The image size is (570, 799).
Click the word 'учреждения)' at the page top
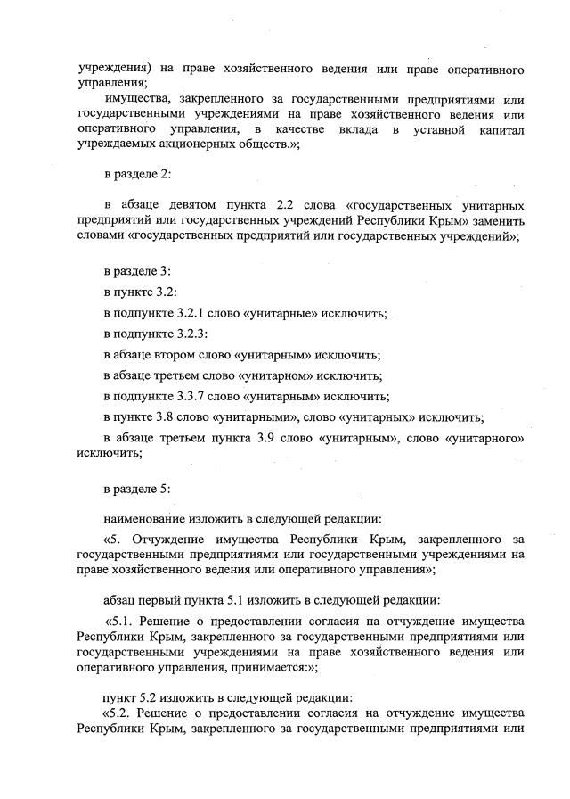tap(113, 69)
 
